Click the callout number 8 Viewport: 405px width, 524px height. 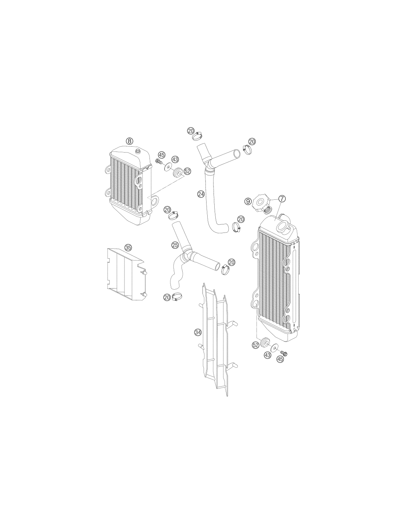pyautogui.click(x=130, y=141)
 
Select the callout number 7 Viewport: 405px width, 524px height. pyautogui.click(x=282, y=199)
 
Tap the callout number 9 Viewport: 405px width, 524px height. pyautogui.click(x=248, y=201)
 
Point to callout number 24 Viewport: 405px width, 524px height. pyautogui.click(x=201, y=193)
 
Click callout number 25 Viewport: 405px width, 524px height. pyautogui.click(x=175, y=245)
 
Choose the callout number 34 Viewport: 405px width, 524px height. pyautogui.click(x=198, y=332)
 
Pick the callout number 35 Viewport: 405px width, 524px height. pyautogui.click(x=128, y=247)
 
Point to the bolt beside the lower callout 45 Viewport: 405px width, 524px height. pyautogui.click(x=285, y=354)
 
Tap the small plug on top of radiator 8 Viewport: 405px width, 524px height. pyautogui.click(x=138, y=151)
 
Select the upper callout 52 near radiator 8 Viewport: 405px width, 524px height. pyautogui.click(x=187, y=171)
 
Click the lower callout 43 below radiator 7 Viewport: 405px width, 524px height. pyautogui.click(x=268, y=355)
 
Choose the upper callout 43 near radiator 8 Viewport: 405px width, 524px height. pyautogui.click(x=175, y=160)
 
